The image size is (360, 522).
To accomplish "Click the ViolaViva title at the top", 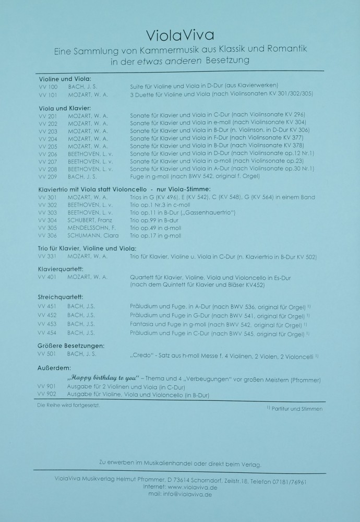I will coord(180,35).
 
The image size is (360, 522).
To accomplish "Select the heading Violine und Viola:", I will coord(65,78).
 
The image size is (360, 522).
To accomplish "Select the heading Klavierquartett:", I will coord(61,269).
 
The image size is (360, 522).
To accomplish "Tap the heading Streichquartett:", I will coord(61,296).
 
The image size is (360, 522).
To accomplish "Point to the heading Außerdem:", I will coord(51,368).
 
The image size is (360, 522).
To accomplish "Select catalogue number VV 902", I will coord(47,395).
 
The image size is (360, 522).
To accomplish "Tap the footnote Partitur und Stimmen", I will coord(296,409).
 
